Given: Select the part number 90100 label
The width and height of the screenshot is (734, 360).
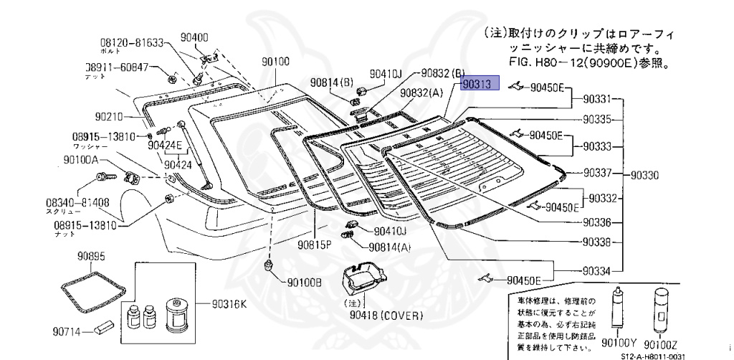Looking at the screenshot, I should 276,62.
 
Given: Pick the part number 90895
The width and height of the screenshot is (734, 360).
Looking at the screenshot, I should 92,256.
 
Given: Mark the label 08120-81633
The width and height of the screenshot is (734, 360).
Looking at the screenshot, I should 132,42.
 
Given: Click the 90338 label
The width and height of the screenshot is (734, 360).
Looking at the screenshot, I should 596,242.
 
